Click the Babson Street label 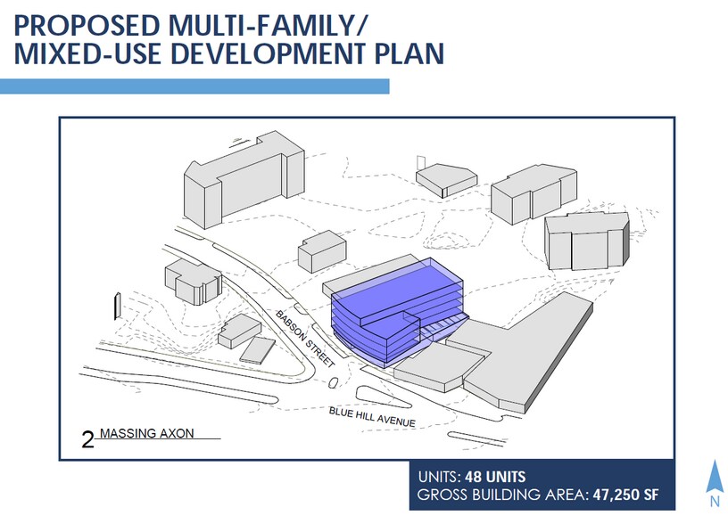pyautogui.click(x=305, y=339)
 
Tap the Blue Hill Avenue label pyautogui.click(x=372, y=416)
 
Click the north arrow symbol pyautogui.click(x=715, y=476)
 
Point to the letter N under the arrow pyautogui.click(x=715, y=502)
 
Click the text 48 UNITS pyautogui.click(x=495, y=477)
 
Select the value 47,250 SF pyautogui.click(x=625, y=495)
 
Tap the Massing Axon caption pyautogui.click(x=146, y=434)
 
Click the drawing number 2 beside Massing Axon pyautogui.click(x=87, y=440)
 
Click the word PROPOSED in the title pyautogui.click(x=87, y=26)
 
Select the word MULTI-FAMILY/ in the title pyautogui.click(x=268, y=26)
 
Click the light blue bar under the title pyautogui.click(x=194, y=86)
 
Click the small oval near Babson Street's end pyautogui.click(x=333, y=383)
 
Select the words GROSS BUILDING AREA pyautogui.click(x=501, y=495)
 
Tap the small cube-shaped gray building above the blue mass pyautogui.click(x=322, y=251)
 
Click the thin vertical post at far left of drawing pyautogui.click(x=118, y=306)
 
